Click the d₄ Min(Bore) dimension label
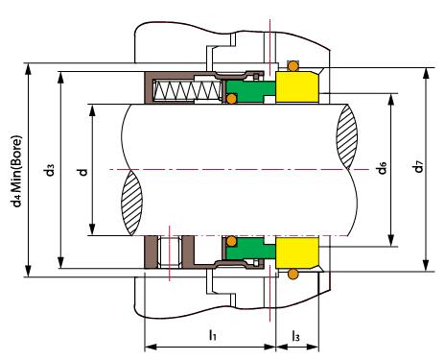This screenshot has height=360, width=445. point(16,171)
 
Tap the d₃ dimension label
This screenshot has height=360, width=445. point(49,170)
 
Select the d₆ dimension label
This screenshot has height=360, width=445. point(382,168)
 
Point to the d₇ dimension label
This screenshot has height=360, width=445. point(418,167)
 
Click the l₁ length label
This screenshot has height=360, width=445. point(213,335)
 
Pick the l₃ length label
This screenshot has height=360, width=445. point(295,336)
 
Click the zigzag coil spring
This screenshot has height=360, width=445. point(187,89)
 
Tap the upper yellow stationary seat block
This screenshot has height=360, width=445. point(297,87)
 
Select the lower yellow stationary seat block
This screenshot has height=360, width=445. point(297,252)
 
